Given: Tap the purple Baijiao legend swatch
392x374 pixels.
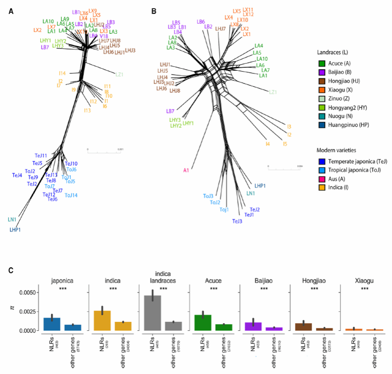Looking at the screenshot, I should [x=321, y=73].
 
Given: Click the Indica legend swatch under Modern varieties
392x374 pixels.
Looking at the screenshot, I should [x=321, y=192].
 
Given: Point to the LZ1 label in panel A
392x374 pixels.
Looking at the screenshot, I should [x=120, y=75].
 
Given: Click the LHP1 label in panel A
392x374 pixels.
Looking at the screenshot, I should [x=15, y=230].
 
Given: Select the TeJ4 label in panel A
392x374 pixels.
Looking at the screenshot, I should [x=17, y=175].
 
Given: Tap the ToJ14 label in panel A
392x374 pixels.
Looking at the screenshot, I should [x=71, y=196].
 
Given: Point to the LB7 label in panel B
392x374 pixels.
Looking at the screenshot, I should [x=170, y=111].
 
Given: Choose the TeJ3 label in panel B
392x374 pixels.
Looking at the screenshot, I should [x=237, y=221].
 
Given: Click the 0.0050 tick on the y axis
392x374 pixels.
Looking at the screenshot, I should [x=28, y=306].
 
